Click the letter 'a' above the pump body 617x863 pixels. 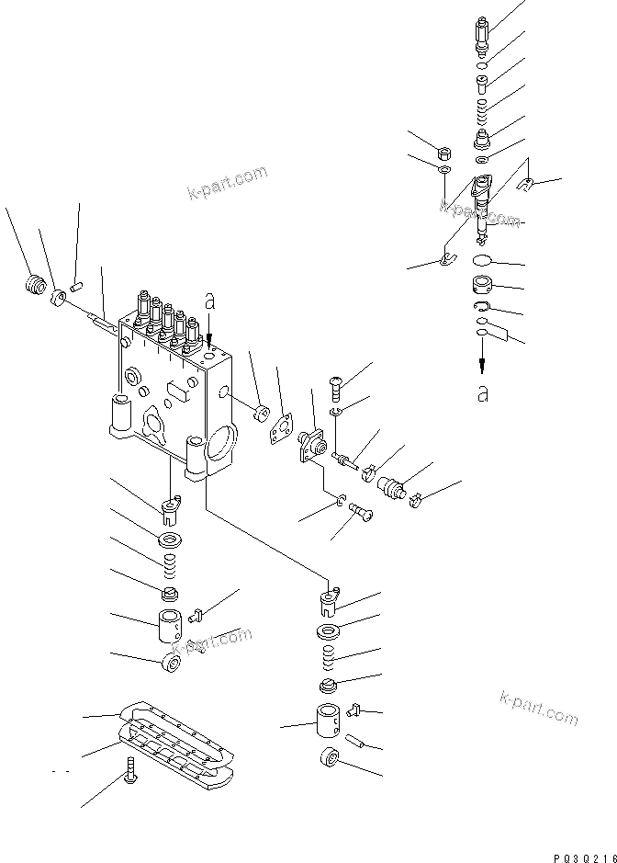pos(210,301)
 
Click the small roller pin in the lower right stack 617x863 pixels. pos(358,738)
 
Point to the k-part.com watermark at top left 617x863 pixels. pos(227,182)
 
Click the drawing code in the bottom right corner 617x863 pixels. pos(583,854)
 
